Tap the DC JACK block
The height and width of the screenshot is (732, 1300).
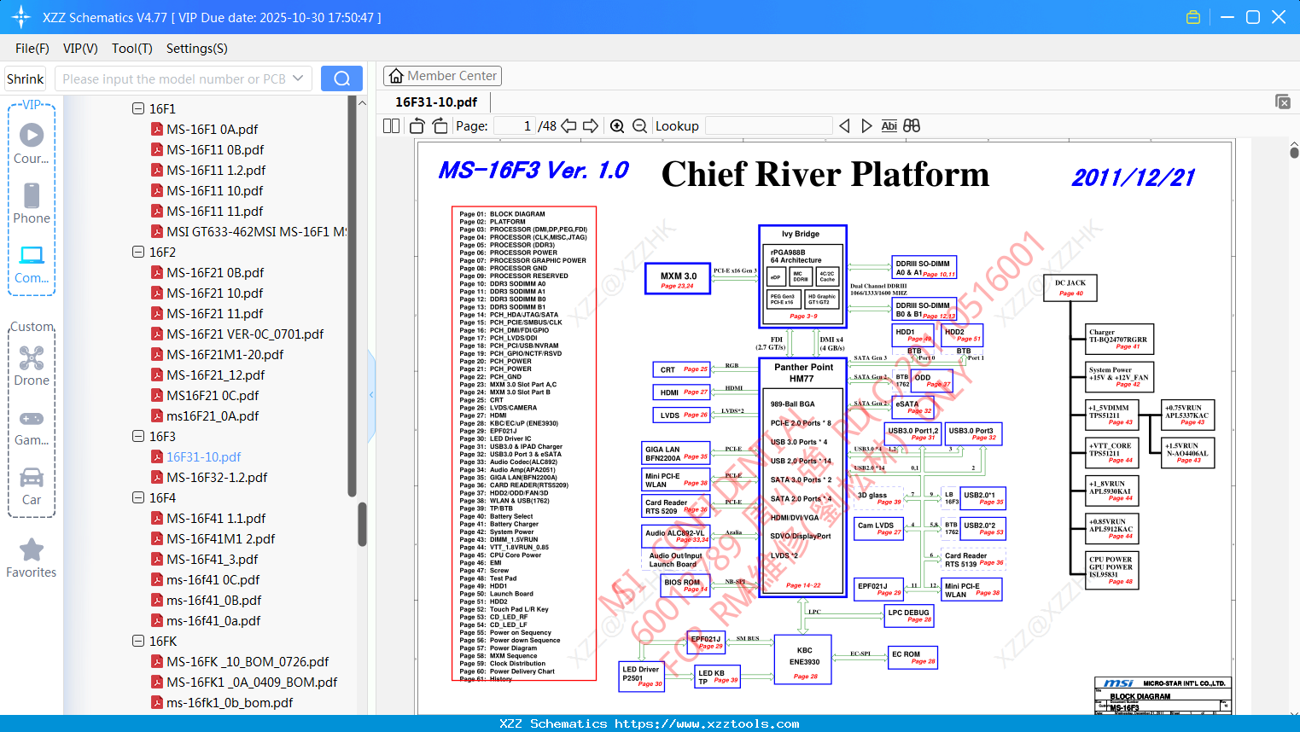pos(1070,288)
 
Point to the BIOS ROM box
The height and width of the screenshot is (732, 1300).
pos(685,585)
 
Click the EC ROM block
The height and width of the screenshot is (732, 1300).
pos(912,657)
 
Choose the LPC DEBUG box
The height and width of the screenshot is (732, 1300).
pos(909,615)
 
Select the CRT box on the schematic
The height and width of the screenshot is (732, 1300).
pos(679,369)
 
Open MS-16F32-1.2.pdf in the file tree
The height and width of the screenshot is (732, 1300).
pos(217,478)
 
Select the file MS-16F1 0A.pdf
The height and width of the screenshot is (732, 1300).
pos(212,130)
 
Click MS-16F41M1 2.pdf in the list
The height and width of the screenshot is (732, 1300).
pos(220,539)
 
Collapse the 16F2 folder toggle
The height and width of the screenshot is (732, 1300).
pos(138,253)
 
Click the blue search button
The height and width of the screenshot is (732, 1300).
pos(341,78)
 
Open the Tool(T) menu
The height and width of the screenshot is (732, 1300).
pos(131,49)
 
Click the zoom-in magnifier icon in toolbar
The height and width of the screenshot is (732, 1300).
pos(617,126)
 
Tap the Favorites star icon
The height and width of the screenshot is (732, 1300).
pos(32,550)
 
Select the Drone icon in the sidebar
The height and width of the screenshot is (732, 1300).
pos(32,359)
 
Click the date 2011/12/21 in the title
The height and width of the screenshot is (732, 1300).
pos(1133,177)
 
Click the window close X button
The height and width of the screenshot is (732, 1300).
pos(1279,17)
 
